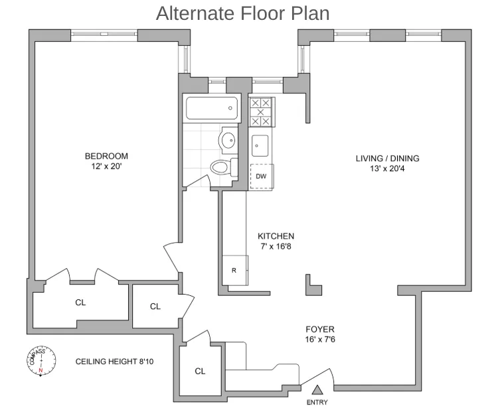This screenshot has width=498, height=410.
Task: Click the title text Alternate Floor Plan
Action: pos(242,13)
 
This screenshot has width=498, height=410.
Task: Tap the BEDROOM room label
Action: pos(106,157)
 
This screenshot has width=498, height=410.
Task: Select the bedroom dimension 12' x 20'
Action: pos(106,167)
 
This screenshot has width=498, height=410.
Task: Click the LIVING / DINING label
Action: pos(387,158)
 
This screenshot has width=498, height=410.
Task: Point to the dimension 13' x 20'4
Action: pos(387,168)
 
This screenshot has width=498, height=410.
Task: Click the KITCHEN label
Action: pos(276,236)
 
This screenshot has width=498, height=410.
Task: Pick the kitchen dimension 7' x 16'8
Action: pos(276,246)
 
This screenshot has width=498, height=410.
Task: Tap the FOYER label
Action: pos(319,329)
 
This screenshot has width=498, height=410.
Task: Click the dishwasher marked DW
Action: pos(262,176)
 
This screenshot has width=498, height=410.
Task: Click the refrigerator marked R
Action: pos(234,270)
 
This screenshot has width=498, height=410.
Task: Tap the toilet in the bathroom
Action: pos(221,167)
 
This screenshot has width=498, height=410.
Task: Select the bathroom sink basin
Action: pos(228,140)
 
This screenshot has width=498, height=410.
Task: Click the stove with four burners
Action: pos(261,112)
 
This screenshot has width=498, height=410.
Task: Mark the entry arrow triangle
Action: pos(317,390)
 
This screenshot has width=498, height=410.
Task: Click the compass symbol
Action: pos(41,362)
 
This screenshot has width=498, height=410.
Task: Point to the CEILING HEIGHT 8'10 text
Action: pos(114,362)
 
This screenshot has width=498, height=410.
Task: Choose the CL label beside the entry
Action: pos(200,372)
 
